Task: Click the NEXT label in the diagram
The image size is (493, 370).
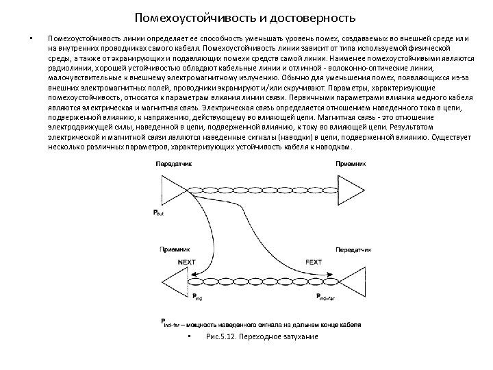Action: [186, 262]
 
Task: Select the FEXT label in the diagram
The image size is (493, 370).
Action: [313, 262]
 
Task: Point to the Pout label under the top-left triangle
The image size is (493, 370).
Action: [157, 213]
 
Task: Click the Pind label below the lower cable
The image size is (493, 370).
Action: [198, 297]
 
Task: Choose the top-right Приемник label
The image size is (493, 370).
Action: [351, 164]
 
